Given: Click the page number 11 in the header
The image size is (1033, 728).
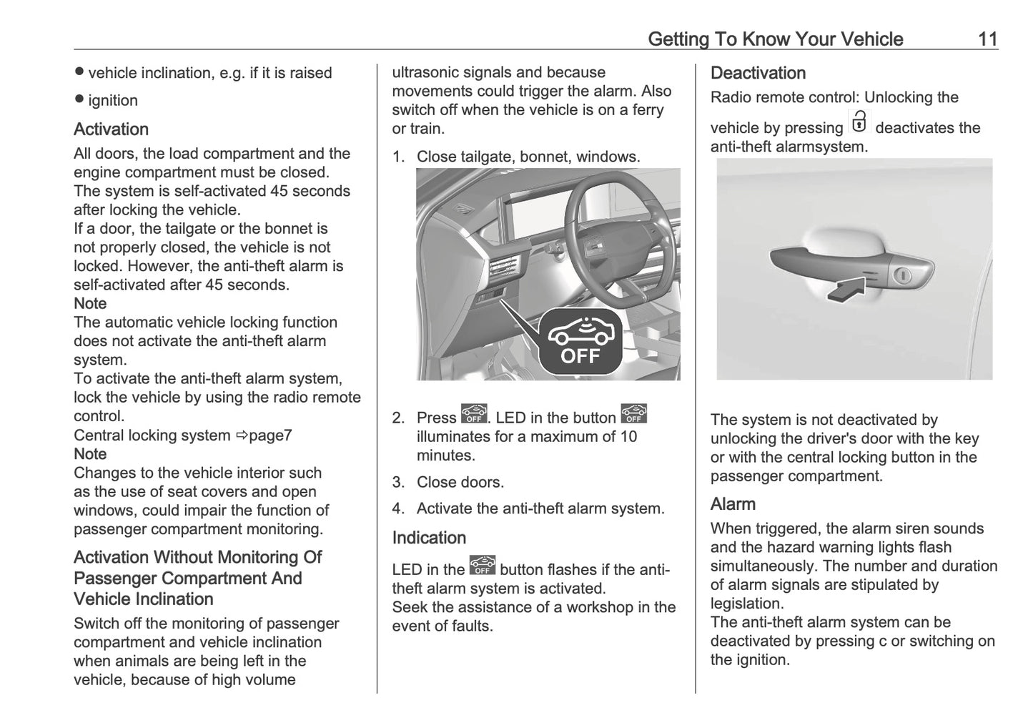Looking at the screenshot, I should [987, 39].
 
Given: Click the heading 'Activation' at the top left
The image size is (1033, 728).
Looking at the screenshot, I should [111, 129].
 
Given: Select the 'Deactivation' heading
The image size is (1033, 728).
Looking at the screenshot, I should [758, 73].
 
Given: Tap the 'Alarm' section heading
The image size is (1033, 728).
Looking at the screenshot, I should [733, 504].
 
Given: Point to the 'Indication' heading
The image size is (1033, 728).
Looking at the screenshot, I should [429, 538].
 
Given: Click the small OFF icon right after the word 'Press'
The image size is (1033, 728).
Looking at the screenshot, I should [473, 415].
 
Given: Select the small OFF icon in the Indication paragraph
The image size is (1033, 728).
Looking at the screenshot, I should [483, 566].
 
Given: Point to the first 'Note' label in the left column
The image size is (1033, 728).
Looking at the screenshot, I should [90, 304].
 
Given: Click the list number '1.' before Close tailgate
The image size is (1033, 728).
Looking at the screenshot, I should [398, 157].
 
